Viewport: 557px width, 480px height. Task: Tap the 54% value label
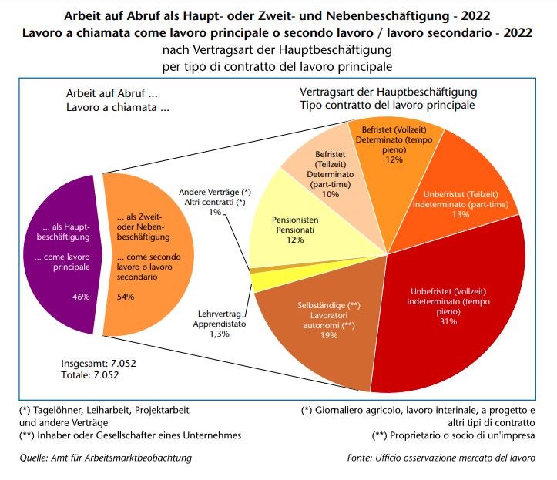click(126, 297)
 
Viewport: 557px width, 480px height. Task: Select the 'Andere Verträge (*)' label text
click(215, 191)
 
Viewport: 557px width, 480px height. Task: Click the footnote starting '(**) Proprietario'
click(454, 435)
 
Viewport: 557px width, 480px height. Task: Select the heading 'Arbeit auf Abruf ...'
click(102, 96)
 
